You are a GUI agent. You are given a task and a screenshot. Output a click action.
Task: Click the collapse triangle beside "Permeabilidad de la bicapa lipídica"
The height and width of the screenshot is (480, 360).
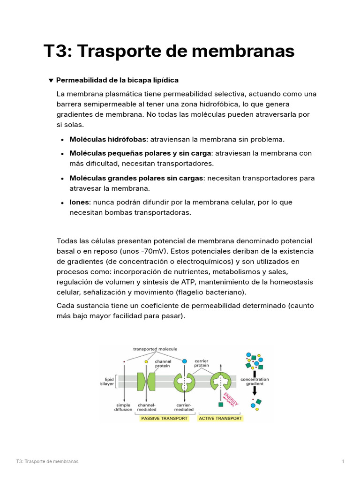click(x=51, y=80)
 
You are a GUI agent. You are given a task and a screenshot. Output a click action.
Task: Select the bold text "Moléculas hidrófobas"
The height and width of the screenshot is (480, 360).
click(x=108, y=139)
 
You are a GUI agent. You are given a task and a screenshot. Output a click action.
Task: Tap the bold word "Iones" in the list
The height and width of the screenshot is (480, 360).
click(x=79, y=202)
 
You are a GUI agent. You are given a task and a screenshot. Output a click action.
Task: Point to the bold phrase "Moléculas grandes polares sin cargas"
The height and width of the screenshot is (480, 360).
click(x=136, y=178)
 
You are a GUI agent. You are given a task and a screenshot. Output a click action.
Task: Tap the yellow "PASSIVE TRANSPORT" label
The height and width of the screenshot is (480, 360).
click(x=165, y=418)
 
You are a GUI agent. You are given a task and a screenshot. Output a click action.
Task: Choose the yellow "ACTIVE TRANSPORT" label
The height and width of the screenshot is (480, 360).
click(x=220, y=418)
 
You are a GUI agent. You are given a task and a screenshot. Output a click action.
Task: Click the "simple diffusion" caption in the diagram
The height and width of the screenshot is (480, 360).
click(x=123, y=407)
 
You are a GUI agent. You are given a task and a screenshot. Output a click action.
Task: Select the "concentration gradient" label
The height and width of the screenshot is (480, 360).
click(x=255, y=381)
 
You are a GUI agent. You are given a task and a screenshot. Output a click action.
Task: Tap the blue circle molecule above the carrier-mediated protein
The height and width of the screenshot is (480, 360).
click(x=184, y=361)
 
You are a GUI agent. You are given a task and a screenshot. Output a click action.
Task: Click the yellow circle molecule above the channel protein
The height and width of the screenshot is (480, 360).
click(x=146, y=362)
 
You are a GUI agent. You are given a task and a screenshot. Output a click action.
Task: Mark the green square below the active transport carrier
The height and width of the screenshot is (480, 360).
click(x=220, y=404)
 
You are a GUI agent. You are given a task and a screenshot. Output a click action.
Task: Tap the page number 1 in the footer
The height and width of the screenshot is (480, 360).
click(x=343, y=462)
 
